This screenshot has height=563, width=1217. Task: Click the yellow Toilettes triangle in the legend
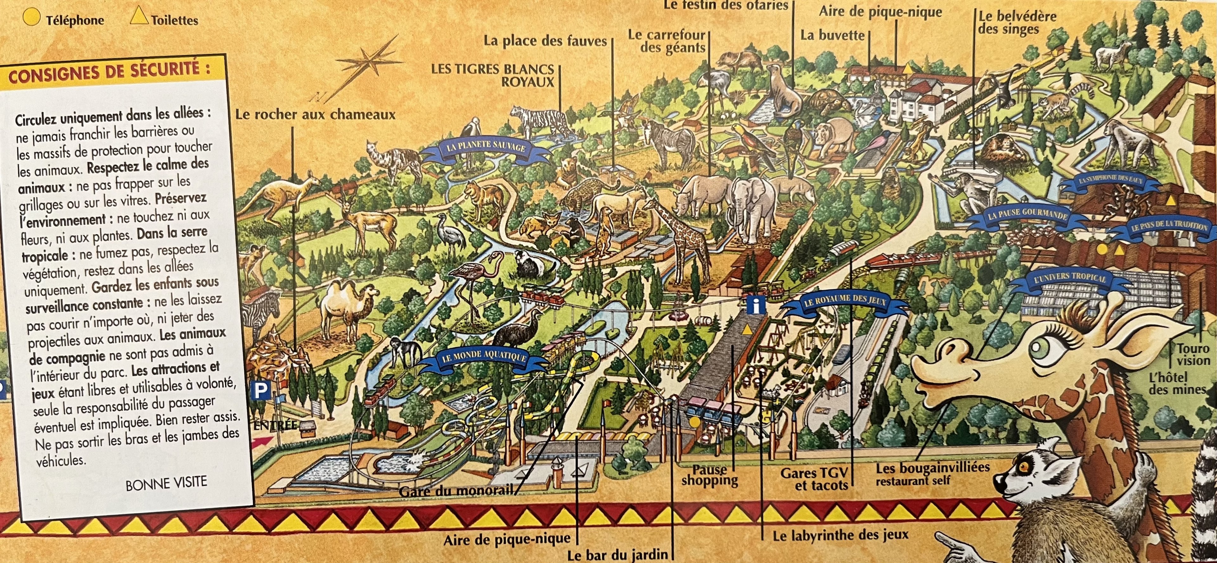[139, 18]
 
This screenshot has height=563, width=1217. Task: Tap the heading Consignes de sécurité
[109, 73]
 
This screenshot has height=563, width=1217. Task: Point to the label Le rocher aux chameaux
[315, 115]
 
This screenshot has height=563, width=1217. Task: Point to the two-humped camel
[347, 307]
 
